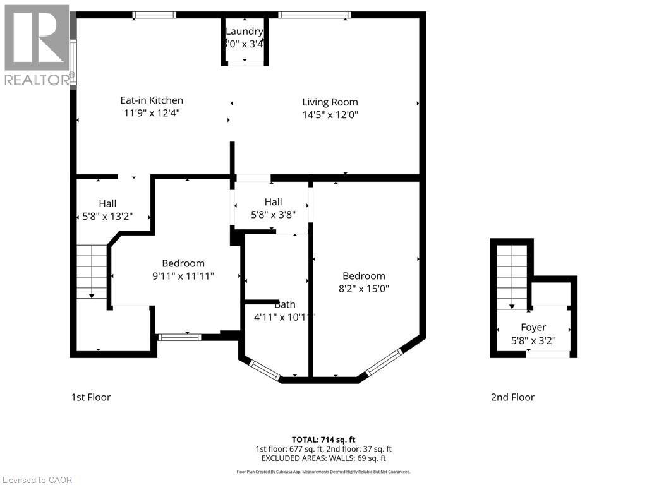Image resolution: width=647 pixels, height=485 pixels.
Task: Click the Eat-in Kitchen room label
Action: pos(152,100)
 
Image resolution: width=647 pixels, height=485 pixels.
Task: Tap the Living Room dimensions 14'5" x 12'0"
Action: pos(330,115)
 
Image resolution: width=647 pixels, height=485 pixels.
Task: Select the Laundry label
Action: pos(245,31)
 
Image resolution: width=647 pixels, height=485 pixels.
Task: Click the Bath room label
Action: pos(284,304)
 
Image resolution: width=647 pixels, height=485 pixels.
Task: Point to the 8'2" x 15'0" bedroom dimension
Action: pos(364,289)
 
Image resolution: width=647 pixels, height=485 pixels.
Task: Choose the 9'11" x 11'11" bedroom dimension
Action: pos(183,276)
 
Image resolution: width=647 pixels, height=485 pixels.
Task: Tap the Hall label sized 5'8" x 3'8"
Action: pos(273,214)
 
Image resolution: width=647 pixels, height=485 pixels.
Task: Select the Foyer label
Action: pos(533,327)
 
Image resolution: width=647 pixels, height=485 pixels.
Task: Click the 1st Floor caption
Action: pos(90,397)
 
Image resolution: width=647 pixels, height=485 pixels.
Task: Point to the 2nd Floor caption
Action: pos(512,397)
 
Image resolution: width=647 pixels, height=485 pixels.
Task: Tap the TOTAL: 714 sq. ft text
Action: pos(323,439)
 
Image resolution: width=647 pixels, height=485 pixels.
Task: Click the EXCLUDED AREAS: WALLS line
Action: pos(323,458)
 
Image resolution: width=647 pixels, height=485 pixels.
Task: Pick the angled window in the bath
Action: pos(265,370)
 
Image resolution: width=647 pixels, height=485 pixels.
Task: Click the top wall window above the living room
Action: pos(314,15)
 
